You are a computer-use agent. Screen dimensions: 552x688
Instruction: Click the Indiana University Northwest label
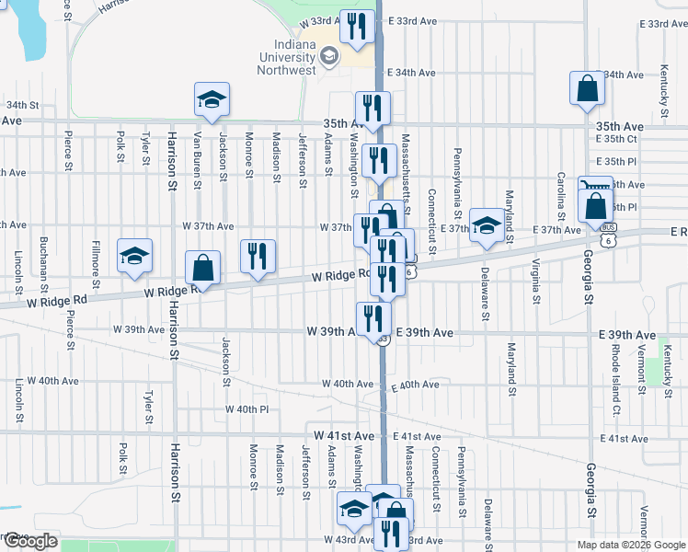click(x=286, y=58)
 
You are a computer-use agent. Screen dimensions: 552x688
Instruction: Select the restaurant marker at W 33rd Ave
click(x=357, y=26)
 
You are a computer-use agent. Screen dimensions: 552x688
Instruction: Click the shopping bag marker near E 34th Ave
click(x=587, y=89)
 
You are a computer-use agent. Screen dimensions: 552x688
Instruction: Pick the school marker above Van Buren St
click(x=212, y=99)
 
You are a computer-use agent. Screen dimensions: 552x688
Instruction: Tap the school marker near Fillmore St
click(x=135, y=256)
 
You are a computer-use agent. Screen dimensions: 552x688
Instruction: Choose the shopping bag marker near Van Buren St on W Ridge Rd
click(x=203, y=269)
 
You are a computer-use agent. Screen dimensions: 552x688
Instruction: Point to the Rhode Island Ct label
click(x=616, y=369)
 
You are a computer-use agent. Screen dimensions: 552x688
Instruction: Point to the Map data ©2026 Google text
click(x=629, y=545)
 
